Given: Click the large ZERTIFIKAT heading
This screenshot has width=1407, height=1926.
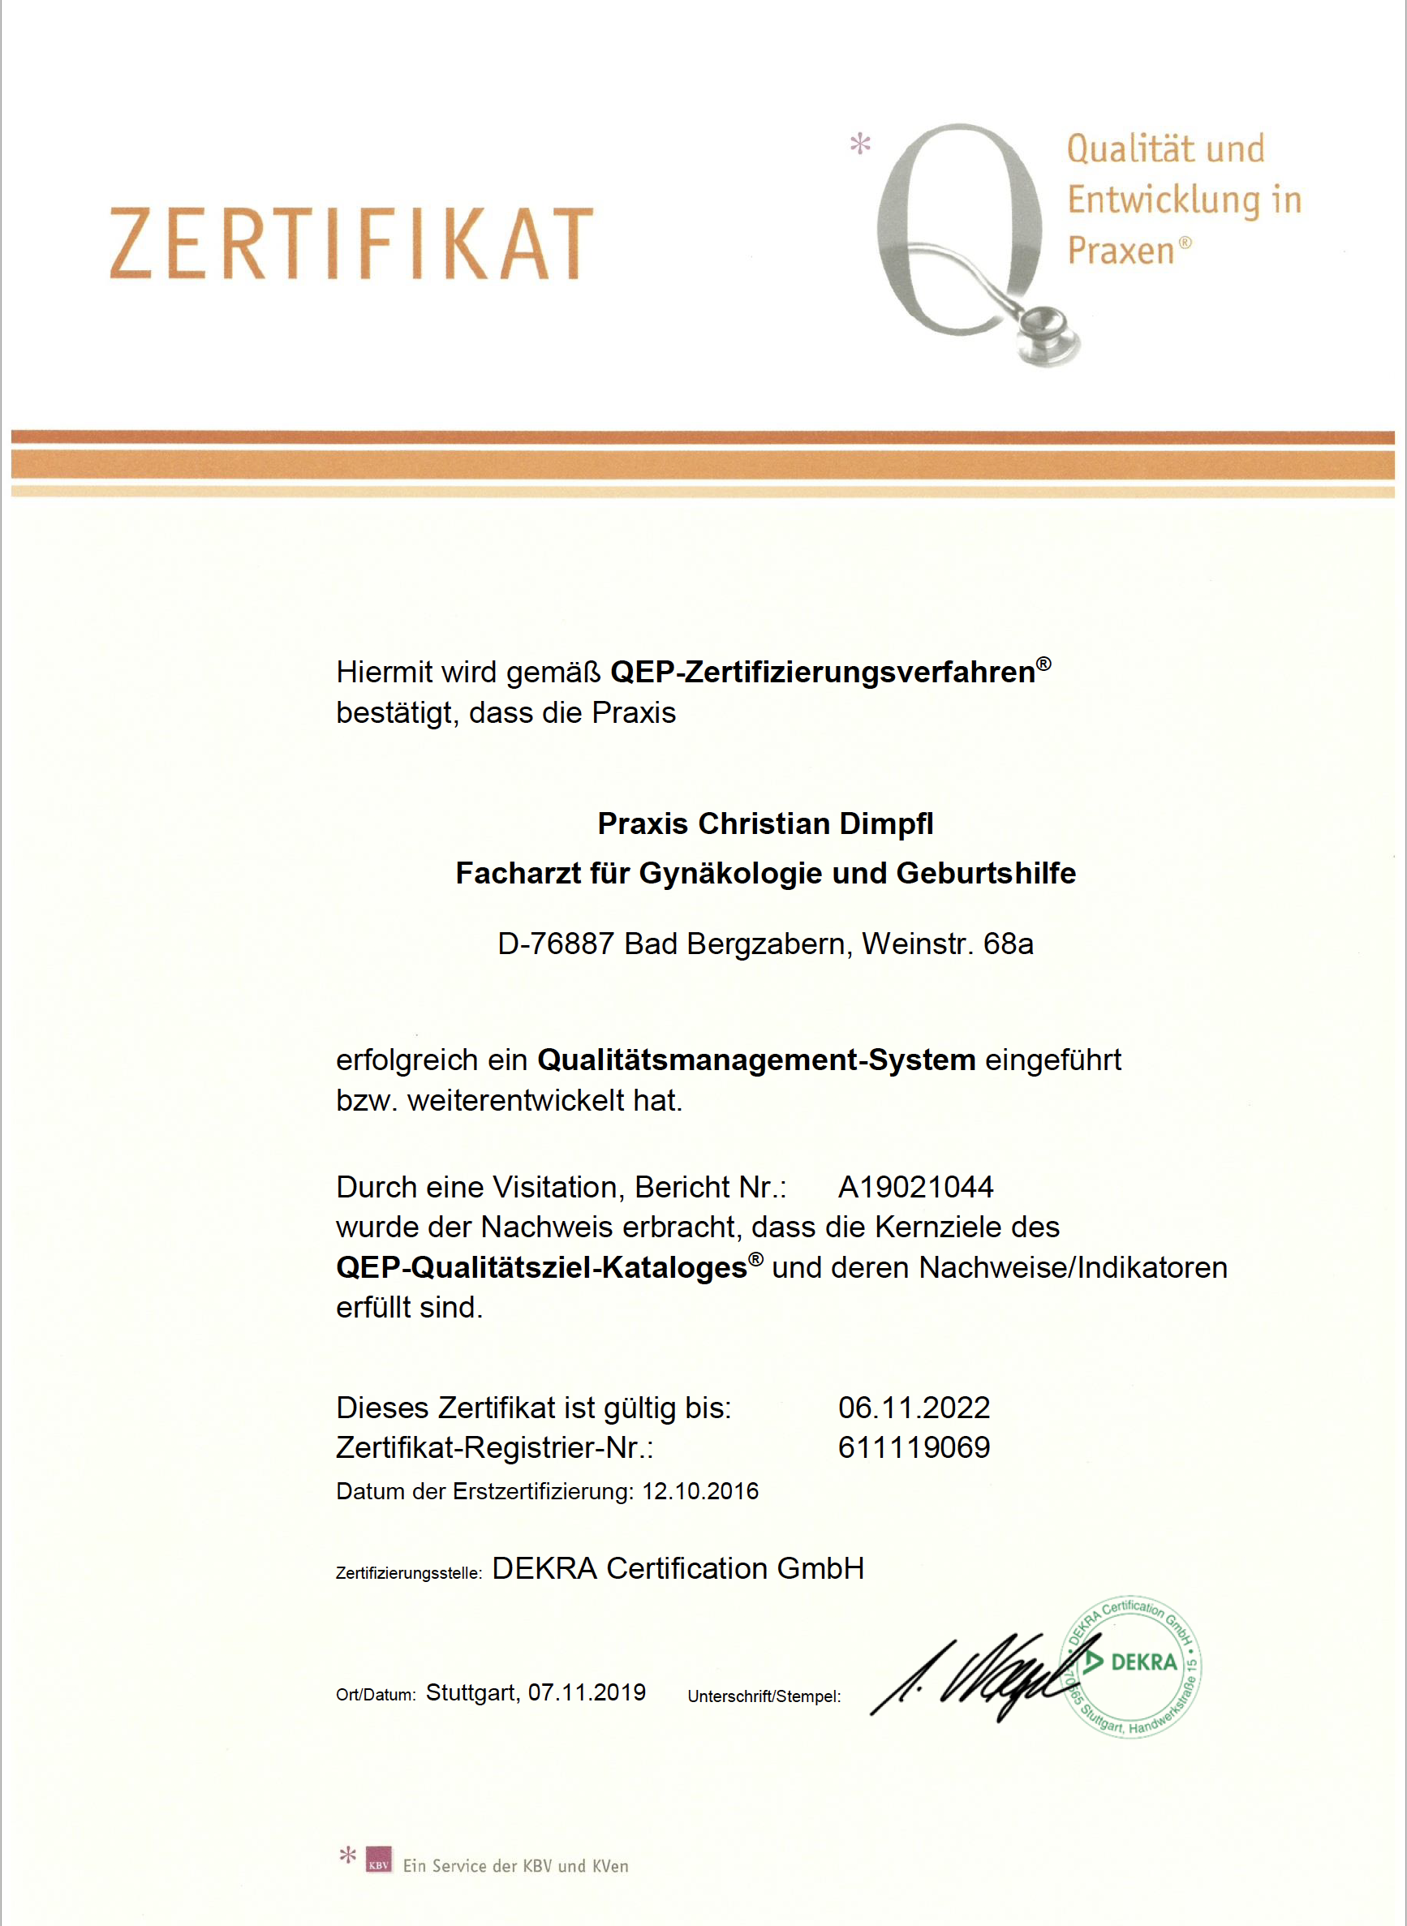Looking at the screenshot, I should pos(351,243).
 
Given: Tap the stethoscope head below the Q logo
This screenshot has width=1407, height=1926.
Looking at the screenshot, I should pos(1050,336).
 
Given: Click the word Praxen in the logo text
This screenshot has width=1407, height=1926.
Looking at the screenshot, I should pos(1121,251).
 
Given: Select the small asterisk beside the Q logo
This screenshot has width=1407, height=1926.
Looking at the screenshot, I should pos(860,143).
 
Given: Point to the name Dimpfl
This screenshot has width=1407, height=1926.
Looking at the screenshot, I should pos(887,824).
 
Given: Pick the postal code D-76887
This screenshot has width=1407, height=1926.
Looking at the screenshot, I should pos(555,944).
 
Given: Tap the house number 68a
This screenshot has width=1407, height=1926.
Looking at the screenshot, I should pos(1009,944).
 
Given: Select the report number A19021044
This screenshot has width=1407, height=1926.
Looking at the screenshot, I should pos(915,1187).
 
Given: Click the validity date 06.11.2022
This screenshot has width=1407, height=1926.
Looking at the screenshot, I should pos(914,1408).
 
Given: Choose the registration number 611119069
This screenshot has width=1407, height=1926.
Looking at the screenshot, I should pos(914,1447).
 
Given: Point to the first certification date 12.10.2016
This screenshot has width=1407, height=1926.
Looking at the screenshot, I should pos(700,1492).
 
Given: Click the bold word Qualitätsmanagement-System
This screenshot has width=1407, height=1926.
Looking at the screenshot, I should pos(756,1060).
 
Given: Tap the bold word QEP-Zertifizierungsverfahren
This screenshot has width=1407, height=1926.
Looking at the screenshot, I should pos(823,673).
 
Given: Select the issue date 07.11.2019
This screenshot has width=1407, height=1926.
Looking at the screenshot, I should pos(587,1692).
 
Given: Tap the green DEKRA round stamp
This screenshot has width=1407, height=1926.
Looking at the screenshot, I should pos(1131,1666).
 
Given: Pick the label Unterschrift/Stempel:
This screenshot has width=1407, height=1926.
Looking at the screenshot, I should pos(764,1697).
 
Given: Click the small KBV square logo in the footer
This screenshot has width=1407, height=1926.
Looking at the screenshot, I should pos(379,1859).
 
